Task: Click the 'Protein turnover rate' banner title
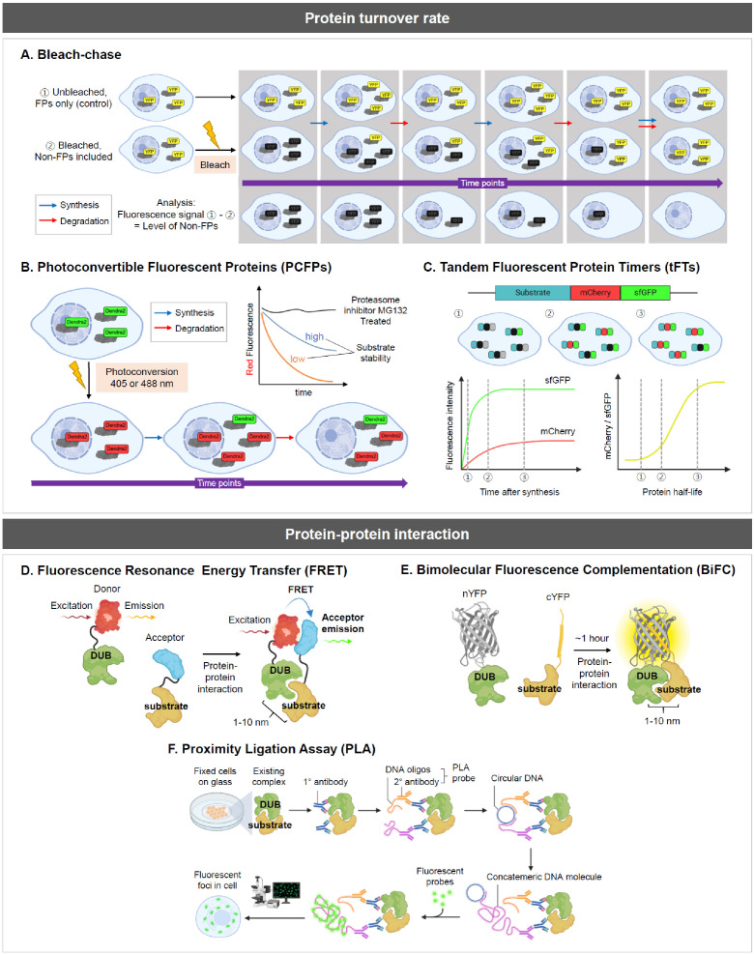(x=376, y=17)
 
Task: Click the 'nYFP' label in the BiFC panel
(x=448, y=590)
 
